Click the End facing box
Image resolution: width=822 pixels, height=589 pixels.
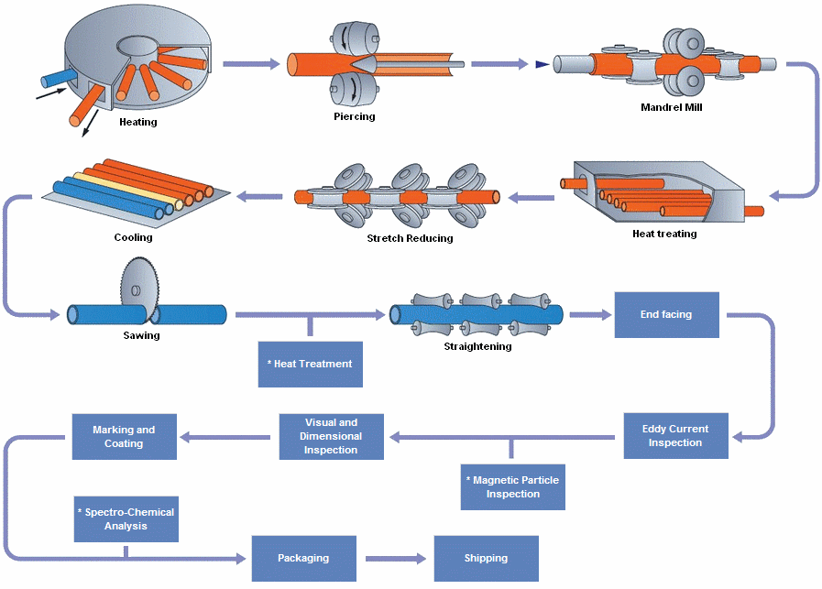(666, 315)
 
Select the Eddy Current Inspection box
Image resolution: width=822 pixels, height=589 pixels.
(675, 436)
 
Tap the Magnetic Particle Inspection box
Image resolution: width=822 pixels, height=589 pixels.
(512, 486)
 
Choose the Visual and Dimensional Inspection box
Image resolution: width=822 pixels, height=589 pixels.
(331, 436)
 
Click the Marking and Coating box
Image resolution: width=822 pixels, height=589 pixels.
(124, 436)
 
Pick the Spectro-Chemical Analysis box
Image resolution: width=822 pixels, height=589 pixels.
(126, 519)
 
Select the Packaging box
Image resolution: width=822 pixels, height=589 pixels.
(303, 558)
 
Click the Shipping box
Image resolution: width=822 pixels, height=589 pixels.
(486, 558)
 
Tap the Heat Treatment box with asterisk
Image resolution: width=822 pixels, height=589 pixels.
(310, 364)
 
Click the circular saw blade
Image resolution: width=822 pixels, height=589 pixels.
(136, 286)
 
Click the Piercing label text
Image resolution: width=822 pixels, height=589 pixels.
(355, 116)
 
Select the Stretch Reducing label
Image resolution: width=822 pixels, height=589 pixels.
(410, 239)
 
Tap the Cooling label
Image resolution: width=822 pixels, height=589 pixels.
(134, 237)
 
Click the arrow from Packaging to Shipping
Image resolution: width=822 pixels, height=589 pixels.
(395, 558)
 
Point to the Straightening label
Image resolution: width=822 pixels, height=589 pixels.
(477, 346)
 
